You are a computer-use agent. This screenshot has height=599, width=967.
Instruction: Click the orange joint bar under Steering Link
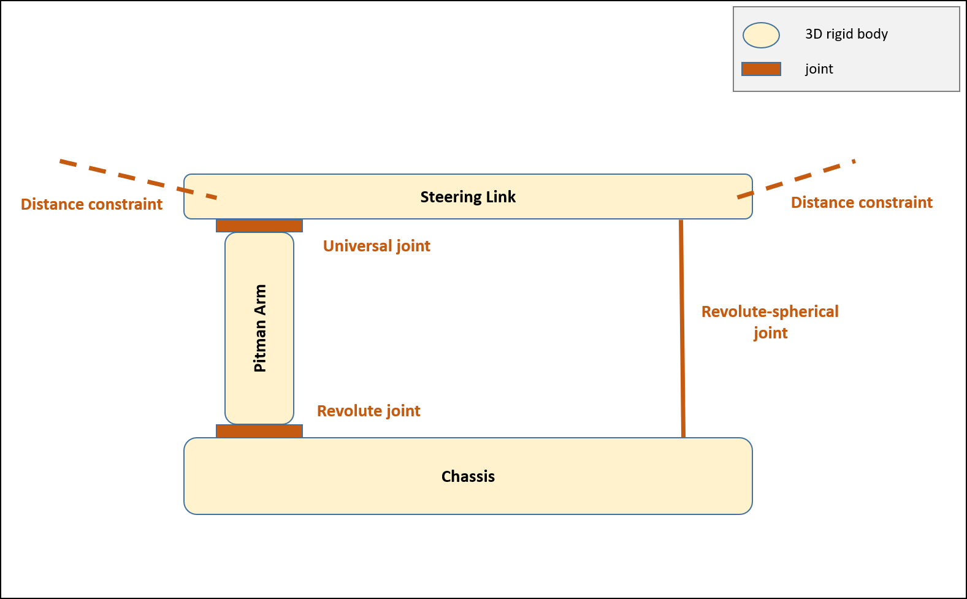point(259,226)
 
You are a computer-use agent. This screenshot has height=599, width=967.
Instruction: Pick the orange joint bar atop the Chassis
point(259,431)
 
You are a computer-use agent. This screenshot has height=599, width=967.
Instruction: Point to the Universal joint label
point(376,246)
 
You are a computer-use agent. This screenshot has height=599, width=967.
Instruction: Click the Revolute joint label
point(369,411)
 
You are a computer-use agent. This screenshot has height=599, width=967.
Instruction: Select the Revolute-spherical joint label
point(770,322)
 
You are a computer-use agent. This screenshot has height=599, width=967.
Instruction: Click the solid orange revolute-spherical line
point(682,328)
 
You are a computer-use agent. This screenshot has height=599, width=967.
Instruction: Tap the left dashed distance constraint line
point(135,178)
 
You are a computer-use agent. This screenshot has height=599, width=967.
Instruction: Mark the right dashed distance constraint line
point(797,178)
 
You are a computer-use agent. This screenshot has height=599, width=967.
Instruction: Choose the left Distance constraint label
point(91,204)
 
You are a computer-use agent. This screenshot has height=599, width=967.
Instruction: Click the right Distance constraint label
point(862,202)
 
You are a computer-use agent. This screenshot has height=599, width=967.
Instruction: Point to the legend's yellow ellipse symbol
point(761,35)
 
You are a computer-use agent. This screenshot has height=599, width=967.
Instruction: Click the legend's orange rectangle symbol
point(761,69)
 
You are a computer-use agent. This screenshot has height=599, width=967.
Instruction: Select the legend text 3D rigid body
point(846,34)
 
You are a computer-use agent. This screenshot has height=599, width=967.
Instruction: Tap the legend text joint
point(819,69)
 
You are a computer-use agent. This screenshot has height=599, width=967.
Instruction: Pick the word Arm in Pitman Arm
point(260,300)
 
